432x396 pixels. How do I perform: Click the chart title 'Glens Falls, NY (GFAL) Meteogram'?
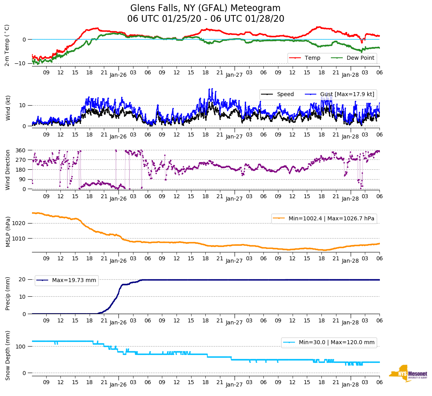click(205, 8)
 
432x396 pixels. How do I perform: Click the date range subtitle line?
click(205, 19)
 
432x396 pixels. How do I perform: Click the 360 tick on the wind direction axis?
click(21, 150)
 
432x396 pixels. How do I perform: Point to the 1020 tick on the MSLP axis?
click(19, 223)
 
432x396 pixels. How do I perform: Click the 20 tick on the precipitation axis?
click(23, 279)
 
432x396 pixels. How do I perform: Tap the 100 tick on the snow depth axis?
click(21, 347)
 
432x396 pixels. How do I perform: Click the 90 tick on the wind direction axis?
click(23, 179)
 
